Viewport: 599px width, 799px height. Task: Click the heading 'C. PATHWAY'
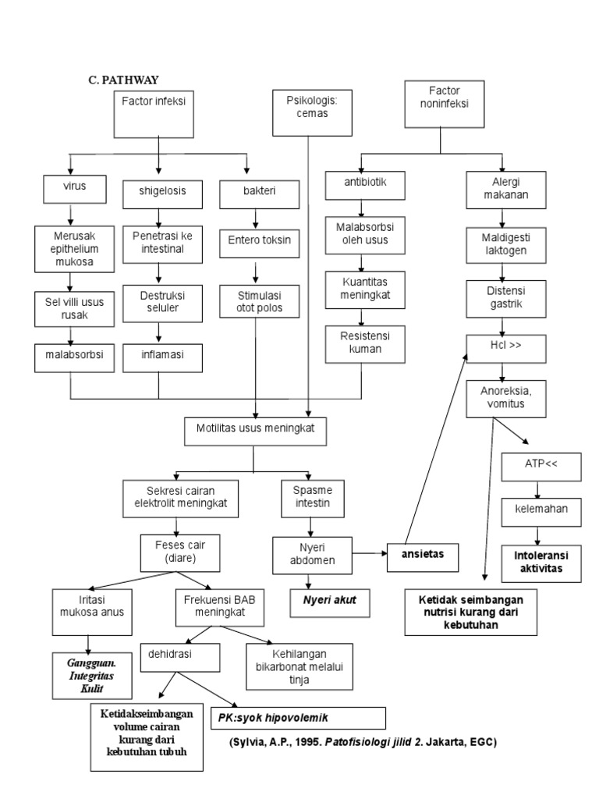click(x=123, y=80)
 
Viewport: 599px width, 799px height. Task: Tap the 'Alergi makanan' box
click(x=499, y=188)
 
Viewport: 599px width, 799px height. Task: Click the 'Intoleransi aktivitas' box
click(x=537, y=563)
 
